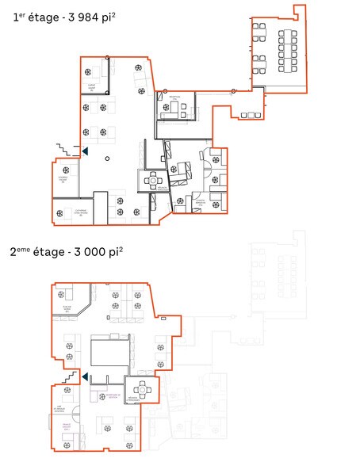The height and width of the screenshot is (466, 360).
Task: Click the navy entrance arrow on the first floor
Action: pos(84,150)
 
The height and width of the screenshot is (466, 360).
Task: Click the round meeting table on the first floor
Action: pos(154,181)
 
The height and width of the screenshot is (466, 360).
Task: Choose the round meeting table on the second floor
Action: pos(144,389)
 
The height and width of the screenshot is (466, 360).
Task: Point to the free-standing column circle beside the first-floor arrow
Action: pos(108,159)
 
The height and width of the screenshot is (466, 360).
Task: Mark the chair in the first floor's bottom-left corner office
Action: pos(63,212)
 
